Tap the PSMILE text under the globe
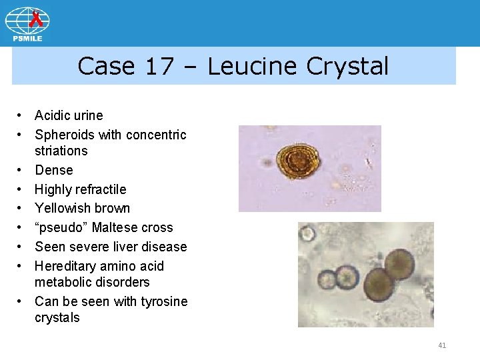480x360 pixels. tap(27, 39)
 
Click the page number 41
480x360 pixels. tap(442, 345)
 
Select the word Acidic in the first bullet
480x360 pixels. tap(53, 116)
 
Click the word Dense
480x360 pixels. tap(54, 170)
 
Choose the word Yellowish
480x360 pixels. tap(63, 209)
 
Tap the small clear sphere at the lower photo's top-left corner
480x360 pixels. tap(307, 233)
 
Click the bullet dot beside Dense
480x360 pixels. tap(22, 171)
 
